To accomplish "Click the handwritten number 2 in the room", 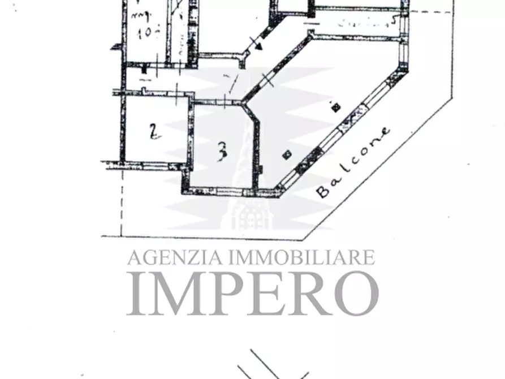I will click(x=152, y=132).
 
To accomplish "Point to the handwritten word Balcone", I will click(x=353, y=162).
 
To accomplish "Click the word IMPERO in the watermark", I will click(x=252, y=293).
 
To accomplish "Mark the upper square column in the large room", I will click(x=335, y=106).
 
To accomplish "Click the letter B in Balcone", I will click(x=323, y=191).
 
